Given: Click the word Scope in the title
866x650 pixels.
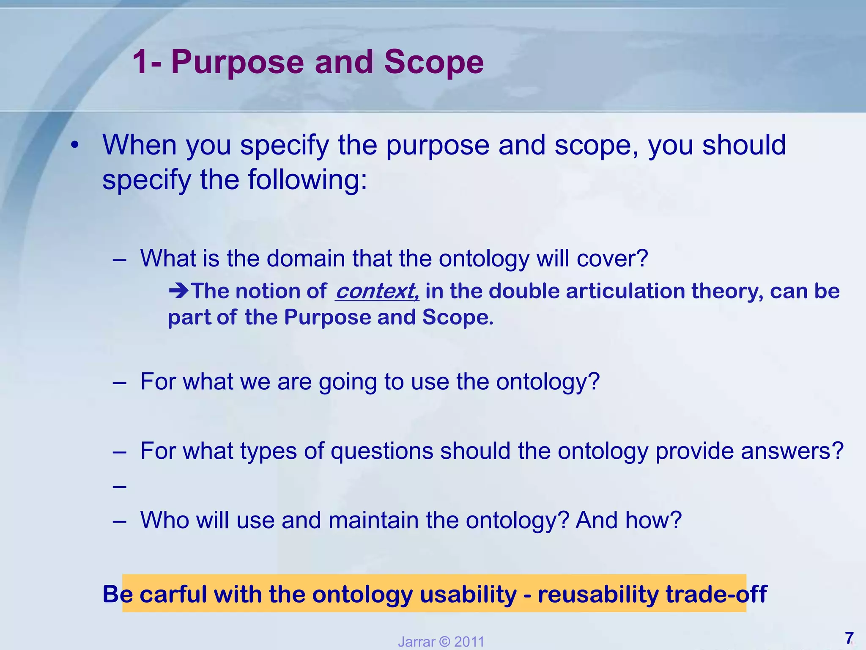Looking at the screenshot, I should [433, 62].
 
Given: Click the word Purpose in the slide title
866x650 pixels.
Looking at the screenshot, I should [237, 62].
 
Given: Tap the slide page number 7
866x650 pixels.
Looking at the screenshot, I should [849, 637].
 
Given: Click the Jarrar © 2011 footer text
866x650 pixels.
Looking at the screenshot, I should [441, 642].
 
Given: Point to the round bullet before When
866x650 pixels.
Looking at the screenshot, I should [75, 145].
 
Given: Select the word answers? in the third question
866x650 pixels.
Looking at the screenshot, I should [792, 451].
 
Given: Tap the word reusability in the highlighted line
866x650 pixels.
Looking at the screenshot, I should [598, 594].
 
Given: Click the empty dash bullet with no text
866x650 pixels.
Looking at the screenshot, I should [120, 487].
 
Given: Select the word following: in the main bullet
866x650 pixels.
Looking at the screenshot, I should [307, 180].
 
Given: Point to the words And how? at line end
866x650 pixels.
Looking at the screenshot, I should [628, 520].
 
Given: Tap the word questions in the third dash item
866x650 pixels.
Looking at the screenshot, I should [381, 451].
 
